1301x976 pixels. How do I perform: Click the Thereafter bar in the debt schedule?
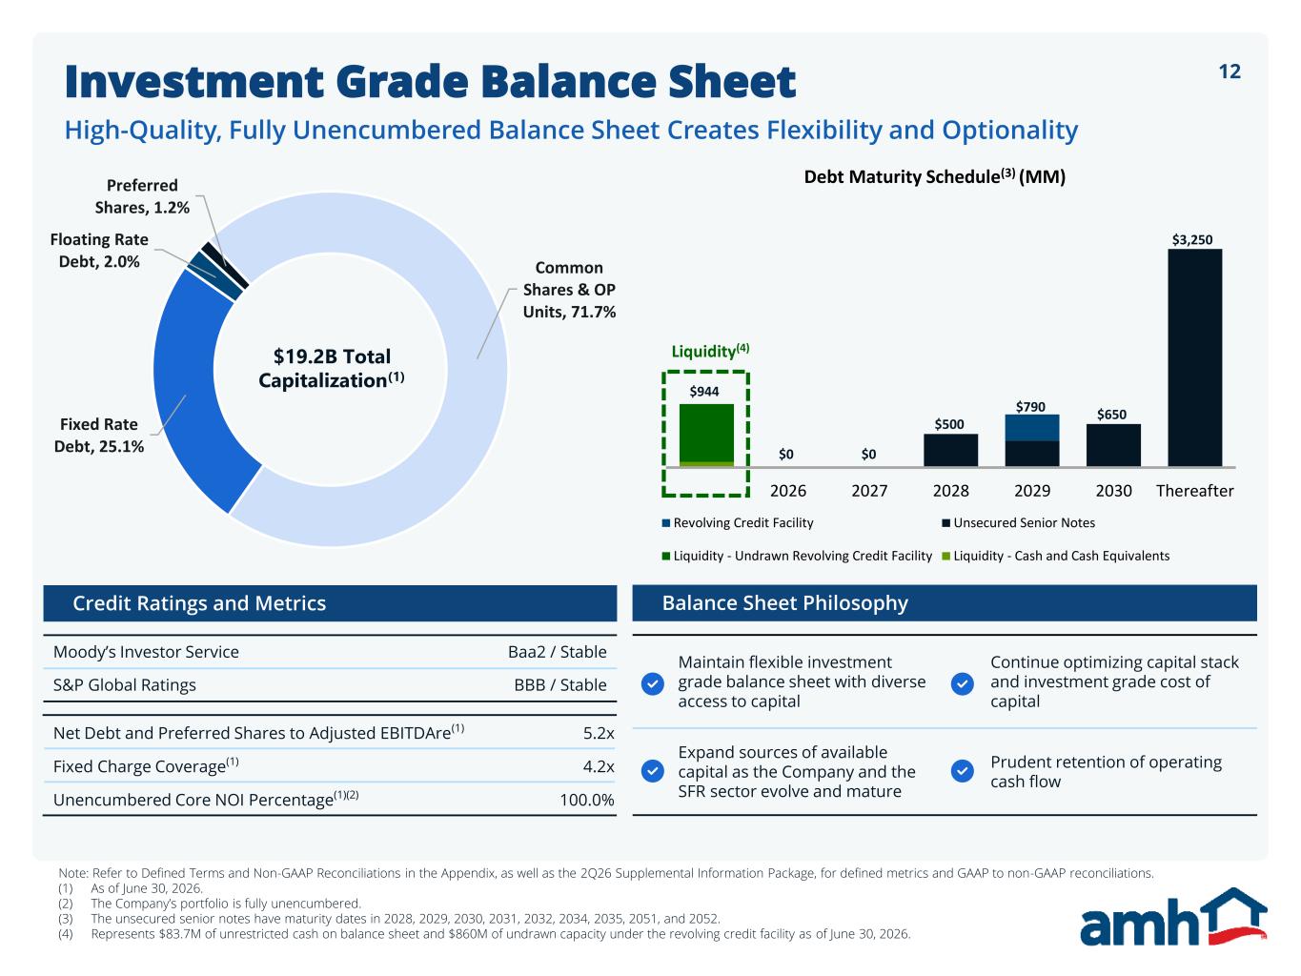[x=1194, y=357]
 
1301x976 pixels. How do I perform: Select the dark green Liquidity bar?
[x=706, y=433]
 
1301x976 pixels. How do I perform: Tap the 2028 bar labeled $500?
[x=950, y=451]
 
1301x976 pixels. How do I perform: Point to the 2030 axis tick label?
[x=1113, y=491]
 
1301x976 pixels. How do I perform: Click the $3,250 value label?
[x=1192, y=239]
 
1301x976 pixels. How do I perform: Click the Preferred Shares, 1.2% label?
[x=142, y=196]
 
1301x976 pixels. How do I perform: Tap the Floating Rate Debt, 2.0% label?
[x=99, y=250]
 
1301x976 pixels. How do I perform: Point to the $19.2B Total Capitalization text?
[x=332, y=368]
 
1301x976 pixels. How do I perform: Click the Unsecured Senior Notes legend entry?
[x=1018, y=522]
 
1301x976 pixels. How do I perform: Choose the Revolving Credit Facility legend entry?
[x=738, y=522]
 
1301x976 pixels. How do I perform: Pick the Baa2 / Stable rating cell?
[x=558, y=652]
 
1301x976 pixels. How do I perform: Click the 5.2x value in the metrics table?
[x=599, y=733]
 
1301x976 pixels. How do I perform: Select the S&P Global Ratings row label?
[x=125, y=685]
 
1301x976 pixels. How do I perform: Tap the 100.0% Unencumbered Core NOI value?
[x=587, y=800]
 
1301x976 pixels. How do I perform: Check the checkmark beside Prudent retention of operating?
[x=962, y=771]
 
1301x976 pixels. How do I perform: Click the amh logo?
[x=1173, y=916]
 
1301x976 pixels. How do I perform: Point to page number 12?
[x=1230, y=71]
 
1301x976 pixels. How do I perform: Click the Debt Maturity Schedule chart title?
[x=935, y=176]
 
